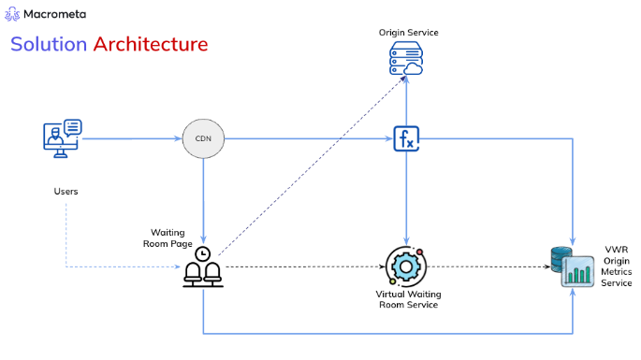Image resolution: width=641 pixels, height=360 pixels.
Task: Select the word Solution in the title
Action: coord(47,44)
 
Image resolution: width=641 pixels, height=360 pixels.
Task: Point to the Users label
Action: coord(66,192)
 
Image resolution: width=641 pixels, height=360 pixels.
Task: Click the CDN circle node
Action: coord(202,139)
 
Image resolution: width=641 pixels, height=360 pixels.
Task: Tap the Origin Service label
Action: coord(408,33)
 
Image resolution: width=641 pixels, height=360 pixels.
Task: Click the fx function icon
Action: coord(406,139)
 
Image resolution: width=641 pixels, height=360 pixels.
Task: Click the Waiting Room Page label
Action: coord(171,238)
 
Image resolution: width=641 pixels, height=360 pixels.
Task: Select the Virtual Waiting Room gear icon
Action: coord(406,266)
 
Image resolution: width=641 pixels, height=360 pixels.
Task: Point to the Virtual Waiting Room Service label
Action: coord(408,300)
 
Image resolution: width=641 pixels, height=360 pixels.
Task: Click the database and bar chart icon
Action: coord(573,266)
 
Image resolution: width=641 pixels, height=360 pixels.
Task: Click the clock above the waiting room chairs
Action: coord(203,251)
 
